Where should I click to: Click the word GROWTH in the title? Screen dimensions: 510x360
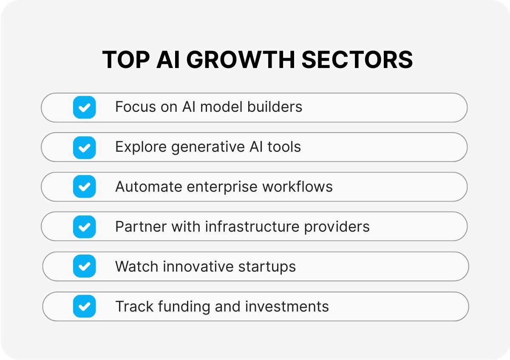(x=241, y=60)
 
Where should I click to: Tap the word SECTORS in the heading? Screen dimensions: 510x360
(x=357, y=60)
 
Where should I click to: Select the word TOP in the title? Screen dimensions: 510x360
(x=126, y=60)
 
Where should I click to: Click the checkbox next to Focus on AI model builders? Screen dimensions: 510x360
(x=85, y=107)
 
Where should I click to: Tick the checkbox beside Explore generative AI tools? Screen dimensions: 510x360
(x=85, y=147)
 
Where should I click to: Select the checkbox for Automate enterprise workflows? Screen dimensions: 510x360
(x=85, y=187)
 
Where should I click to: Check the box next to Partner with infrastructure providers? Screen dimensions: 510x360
(x=85, y=227)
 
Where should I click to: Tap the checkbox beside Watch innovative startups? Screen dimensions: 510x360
(x=85, y=266)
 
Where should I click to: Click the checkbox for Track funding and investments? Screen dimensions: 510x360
(x=85, y=306)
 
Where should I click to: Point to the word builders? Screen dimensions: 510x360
(x=275, y=107)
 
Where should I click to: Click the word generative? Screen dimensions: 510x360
(x=208, y=147)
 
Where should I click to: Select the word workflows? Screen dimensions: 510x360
(x=297, y=187)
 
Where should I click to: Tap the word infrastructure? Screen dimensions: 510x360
(x=252, y=227)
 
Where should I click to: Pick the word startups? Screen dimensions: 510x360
(x=267, y=267)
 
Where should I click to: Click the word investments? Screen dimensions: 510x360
(x=287, y=306)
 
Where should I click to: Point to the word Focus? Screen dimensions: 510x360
(x=136, y=107)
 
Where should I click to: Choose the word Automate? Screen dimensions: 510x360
(x=149, y=187)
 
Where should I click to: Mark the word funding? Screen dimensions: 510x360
(x=184, y=307)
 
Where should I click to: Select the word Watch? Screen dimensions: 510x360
(x=136, y=266)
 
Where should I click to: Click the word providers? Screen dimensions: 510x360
(x=337, y=227)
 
